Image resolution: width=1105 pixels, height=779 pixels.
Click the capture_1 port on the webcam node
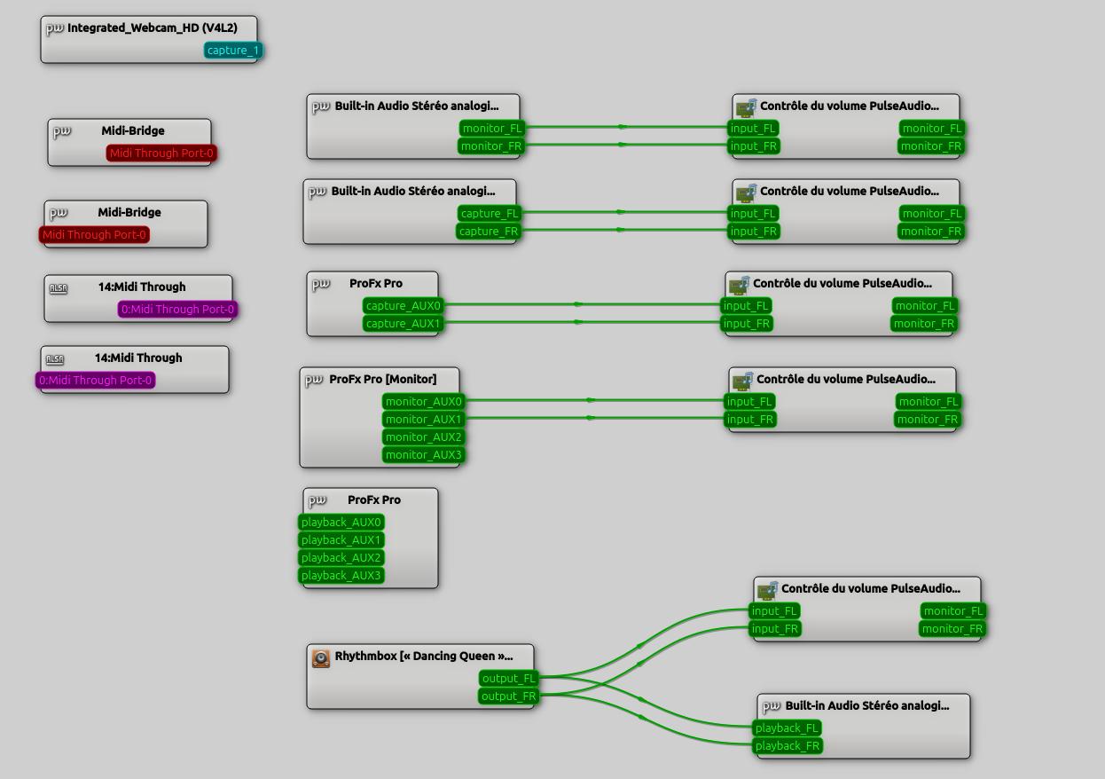coord(233,51)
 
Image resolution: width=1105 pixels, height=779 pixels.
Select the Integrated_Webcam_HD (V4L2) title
coord(152,28)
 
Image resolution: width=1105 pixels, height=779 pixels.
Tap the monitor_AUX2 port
coord(424,437)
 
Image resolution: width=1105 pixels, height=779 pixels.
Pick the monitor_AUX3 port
coord(424,455)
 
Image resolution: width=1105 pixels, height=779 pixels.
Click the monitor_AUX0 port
coord(424,402)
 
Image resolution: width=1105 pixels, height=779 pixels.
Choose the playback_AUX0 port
coord(341,523)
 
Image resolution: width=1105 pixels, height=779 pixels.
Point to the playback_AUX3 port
coord(341,576)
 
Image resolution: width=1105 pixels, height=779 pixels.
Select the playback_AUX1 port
coord(341,540)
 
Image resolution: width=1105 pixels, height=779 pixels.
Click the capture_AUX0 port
coord(404,306)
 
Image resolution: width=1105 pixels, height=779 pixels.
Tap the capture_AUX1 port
coord(404,324)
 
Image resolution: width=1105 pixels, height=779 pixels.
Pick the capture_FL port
coord(490,214)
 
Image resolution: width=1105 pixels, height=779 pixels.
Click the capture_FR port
coord(489,232)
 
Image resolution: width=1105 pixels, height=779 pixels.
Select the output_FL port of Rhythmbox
coord(509,679)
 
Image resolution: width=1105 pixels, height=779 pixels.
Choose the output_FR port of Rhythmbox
coord(509,696)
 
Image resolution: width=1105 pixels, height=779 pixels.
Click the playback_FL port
coord(787,728)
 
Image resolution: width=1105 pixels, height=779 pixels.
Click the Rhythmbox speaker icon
coord(321,657)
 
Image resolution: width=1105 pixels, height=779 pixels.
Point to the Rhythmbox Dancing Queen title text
coord(424,657)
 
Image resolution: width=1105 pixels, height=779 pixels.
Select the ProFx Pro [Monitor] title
coord(382,379)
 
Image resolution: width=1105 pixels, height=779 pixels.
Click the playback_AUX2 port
coord(341,558)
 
